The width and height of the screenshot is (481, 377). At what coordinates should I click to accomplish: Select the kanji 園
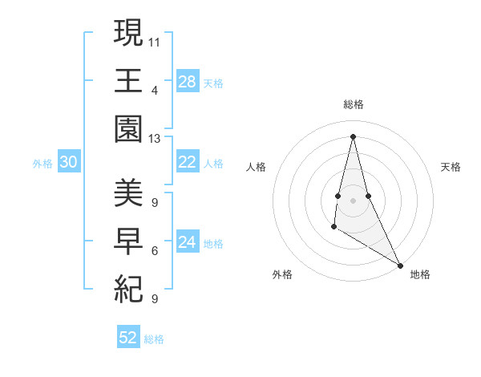point(128,128)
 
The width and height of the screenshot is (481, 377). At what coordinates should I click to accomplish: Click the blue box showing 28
point(187,81)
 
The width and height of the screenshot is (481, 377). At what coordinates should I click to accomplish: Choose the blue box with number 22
point(187,162)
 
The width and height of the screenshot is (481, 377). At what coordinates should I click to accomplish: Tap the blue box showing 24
point(187,242)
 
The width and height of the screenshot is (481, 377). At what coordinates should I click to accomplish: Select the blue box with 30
point(68,162)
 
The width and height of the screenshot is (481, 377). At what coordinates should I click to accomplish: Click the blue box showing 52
point(128,338)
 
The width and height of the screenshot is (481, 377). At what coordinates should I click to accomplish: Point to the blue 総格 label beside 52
point(154,339)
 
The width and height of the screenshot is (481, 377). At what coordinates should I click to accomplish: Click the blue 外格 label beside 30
point(42,164)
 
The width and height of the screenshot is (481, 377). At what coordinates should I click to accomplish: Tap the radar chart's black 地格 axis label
point(420,274)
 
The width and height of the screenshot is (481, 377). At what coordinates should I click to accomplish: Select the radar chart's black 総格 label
point(354,104)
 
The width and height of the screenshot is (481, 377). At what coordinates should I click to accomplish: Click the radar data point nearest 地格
point(401,265)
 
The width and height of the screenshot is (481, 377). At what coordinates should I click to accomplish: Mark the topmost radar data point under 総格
point(354,136)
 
